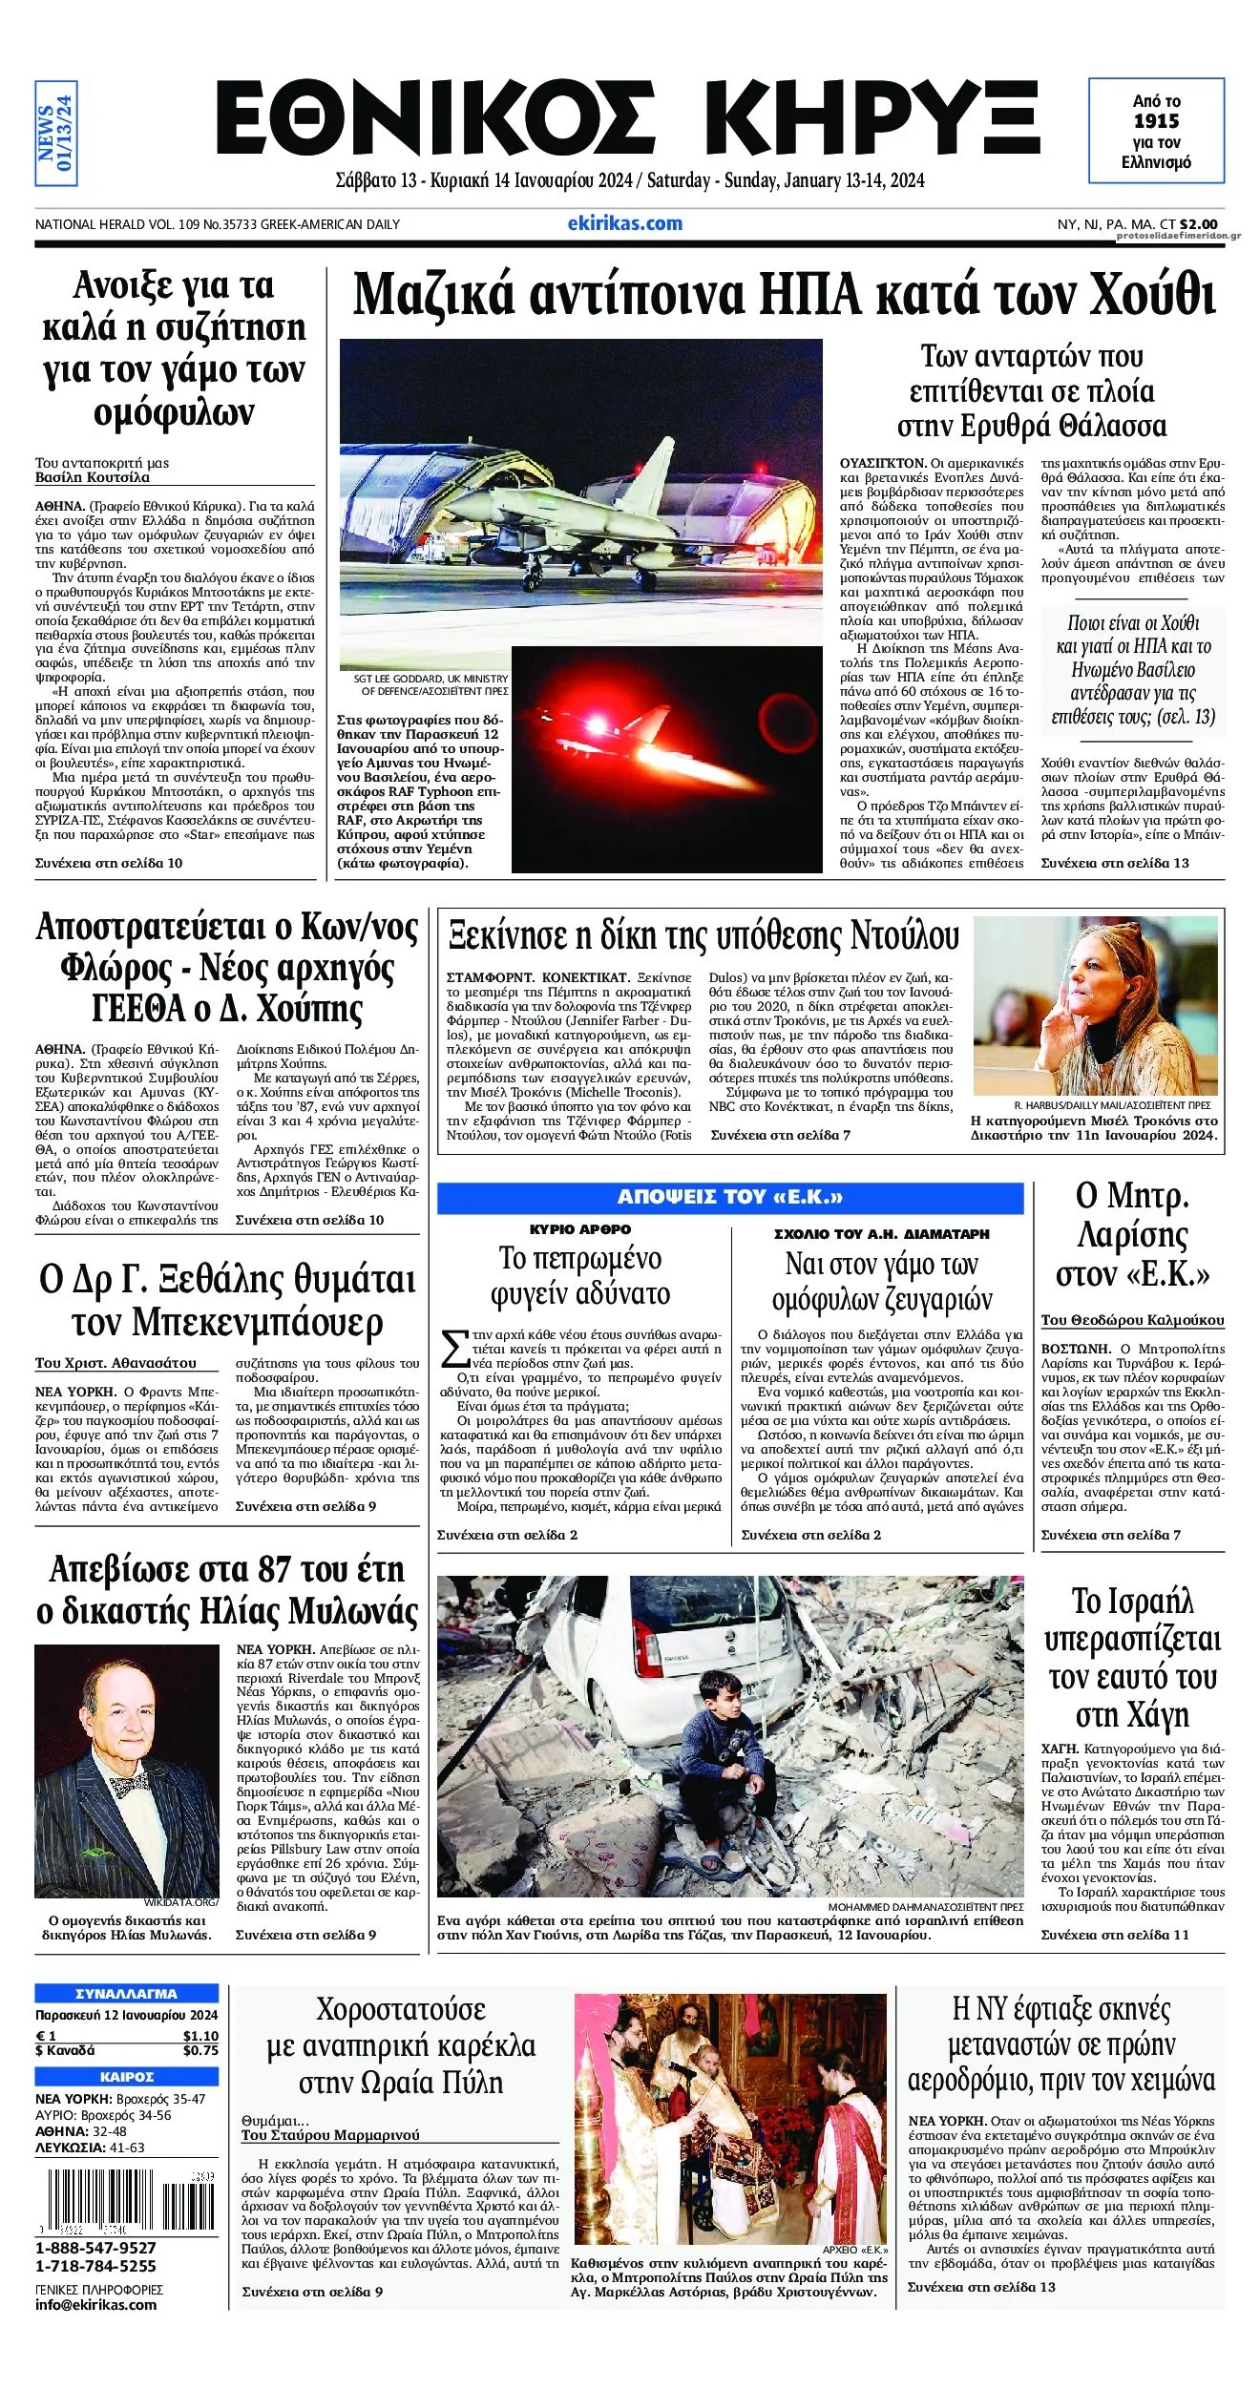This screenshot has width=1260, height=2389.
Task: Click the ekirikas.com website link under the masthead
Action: (624, 223)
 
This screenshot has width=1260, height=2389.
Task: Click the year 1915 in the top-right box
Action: (1156, 121)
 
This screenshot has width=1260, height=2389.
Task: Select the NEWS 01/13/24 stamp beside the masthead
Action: (55, 133)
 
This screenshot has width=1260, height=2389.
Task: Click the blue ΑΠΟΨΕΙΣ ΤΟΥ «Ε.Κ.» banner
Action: (730, 1197)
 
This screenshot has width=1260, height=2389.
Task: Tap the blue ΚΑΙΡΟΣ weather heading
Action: (126, 2077)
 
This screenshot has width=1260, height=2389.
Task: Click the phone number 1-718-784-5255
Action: (95, 2266)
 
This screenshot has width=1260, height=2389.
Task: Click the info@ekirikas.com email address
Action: (95, 2304)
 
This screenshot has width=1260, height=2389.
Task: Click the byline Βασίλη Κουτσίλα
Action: (93, 477)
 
